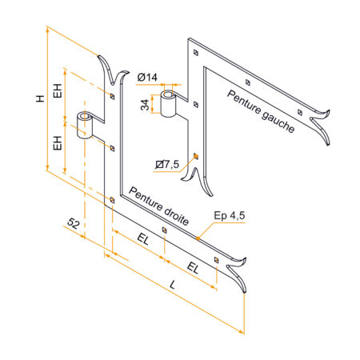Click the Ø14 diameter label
(x=147, y=78)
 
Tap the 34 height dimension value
(x=145, y=105)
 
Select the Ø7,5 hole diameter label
(x=167, y=164)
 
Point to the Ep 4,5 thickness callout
(x=230, y=215)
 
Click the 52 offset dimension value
(x=74, y=223)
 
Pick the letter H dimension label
(x=40, y=98)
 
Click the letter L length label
(x=173, y=285)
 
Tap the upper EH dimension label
(x=58, y=90)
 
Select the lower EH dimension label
(x=58, y=143)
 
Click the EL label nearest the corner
(x=142, y=239)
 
